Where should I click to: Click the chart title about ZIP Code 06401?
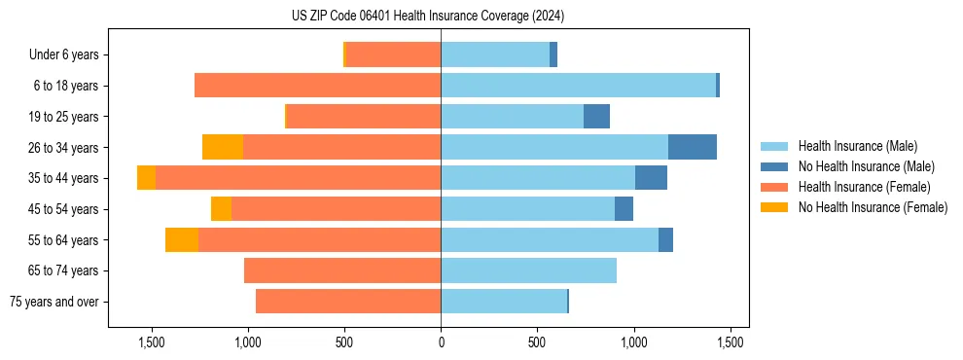(428, 16)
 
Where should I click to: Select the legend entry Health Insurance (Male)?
(856, 146)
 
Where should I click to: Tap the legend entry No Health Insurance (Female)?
(873, 207)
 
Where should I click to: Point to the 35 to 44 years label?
(63, 178)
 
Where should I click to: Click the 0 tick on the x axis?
(441, 342)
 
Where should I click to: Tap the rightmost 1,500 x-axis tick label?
(731, 342)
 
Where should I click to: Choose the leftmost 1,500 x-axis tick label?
(152, 342)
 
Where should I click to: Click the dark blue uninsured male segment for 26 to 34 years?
(693, 147)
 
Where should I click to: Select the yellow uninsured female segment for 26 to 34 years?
(223, 147)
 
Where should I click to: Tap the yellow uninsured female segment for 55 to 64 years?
(182, 239)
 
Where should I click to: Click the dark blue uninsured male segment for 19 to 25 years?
(596, 117)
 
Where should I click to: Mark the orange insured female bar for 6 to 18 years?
(317, 86)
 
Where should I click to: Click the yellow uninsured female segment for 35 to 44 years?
(146, 178)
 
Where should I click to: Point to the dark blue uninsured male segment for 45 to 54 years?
(624, 209)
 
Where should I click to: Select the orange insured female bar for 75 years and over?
(348, 302)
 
